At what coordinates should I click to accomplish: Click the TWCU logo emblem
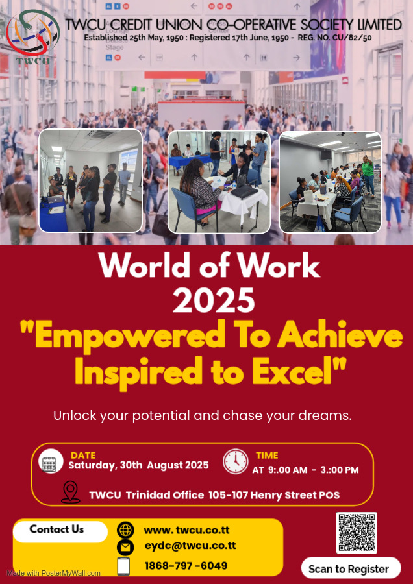click(33, 36)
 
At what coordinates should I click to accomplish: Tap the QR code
click(357, 533)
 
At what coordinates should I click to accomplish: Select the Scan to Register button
click(351, 568)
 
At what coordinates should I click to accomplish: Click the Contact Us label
click(56, 529)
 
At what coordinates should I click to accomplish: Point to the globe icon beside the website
click(125, 530)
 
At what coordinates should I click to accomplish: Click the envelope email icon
click(125, 547)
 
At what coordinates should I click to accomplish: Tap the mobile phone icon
click(124, 566)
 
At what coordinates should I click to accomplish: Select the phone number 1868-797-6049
click(186, 566)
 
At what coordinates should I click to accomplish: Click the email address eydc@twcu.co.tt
click(190, 546)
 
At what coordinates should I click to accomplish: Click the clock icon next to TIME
click(236, 461)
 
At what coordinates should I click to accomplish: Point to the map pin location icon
click(70, 492)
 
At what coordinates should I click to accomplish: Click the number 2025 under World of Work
click(214, 300)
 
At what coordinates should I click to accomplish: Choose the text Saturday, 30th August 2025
click(138, 465)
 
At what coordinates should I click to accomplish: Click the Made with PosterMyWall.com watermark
click(53, 573)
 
